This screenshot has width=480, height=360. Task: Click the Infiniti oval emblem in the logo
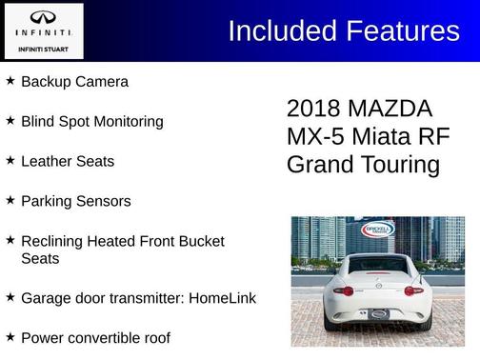click(x=43, y=18)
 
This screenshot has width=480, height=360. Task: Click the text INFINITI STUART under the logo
click(x=43, y=47)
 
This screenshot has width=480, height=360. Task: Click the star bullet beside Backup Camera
click(x=10, y=81)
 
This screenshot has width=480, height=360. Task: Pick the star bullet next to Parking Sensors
click(x=10, y=200)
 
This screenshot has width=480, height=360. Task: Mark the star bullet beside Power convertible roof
click(x=10, y=336)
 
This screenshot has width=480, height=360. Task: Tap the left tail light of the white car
click(x=345, y=290)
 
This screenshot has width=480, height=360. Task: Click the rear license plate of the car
click(x=379, y=313)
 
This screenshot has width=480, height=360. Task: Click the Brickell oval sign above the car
click(x=377, y=230)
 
